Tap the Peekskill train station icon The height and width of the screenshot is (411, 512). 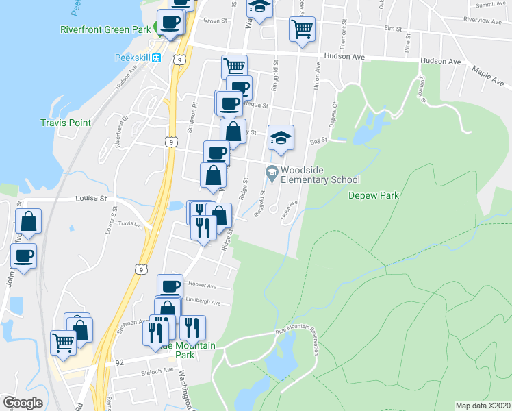tap(156, 58)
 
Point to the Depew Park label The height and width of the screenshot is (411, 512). tap(373, 195)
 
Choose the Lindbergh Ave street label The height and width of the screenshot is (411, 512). tap(205, 302)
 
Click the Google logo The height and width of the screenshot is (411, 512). tap(22, 403)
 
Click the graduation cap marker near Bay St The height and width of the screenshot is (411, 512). tap(281, 137)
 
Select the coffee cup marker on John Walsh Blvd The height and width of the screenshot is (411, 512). tap(24, 256)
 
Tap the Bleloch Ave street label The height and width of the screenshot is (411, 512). tap(149, 371)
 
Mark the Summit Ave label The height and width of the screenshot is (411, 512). tap(490, 4)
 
